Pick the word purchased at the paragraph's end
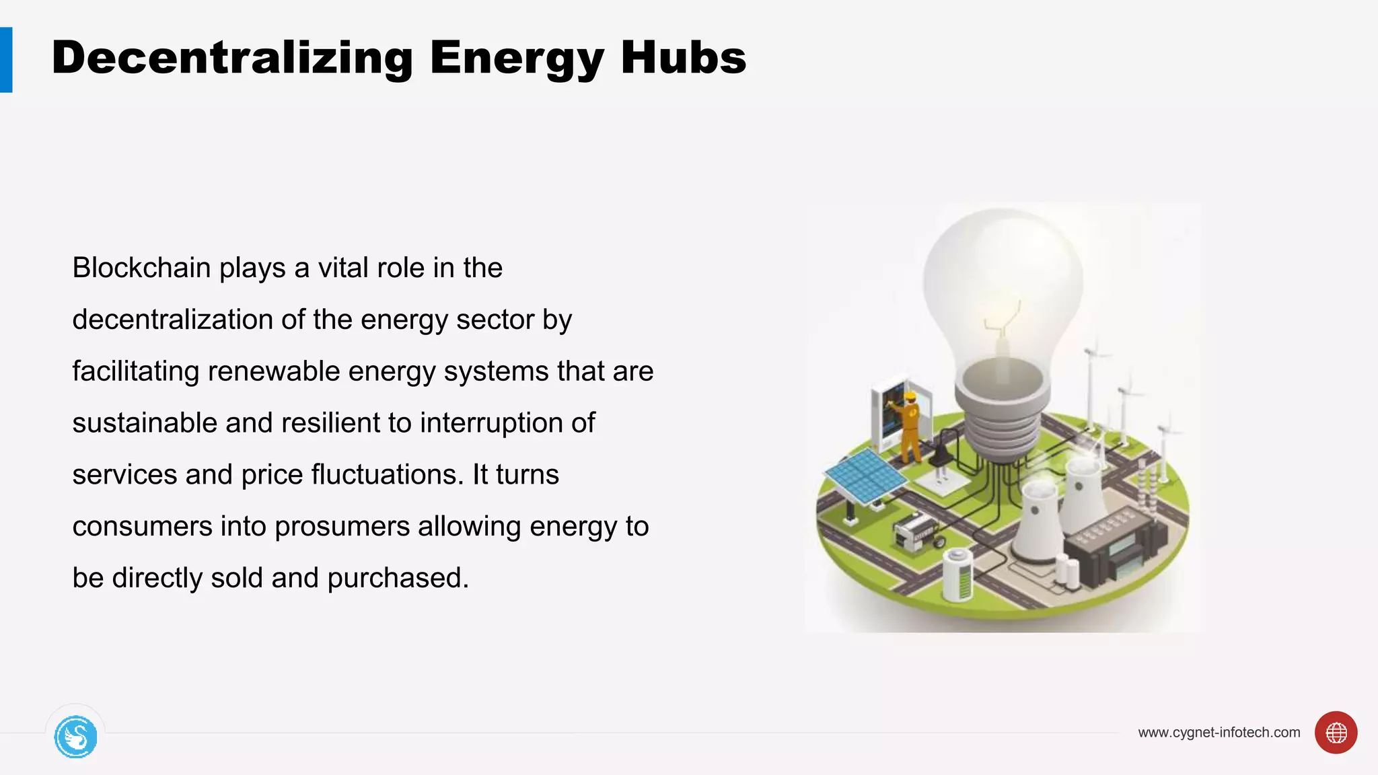[398, 578]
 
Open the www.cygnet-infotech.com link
[1219, 733]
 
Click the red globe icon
[1336, 733]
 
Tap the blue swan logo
[75, 737]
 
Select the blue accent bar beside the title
[6, 60]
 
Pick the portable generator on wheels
[916, 531]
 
